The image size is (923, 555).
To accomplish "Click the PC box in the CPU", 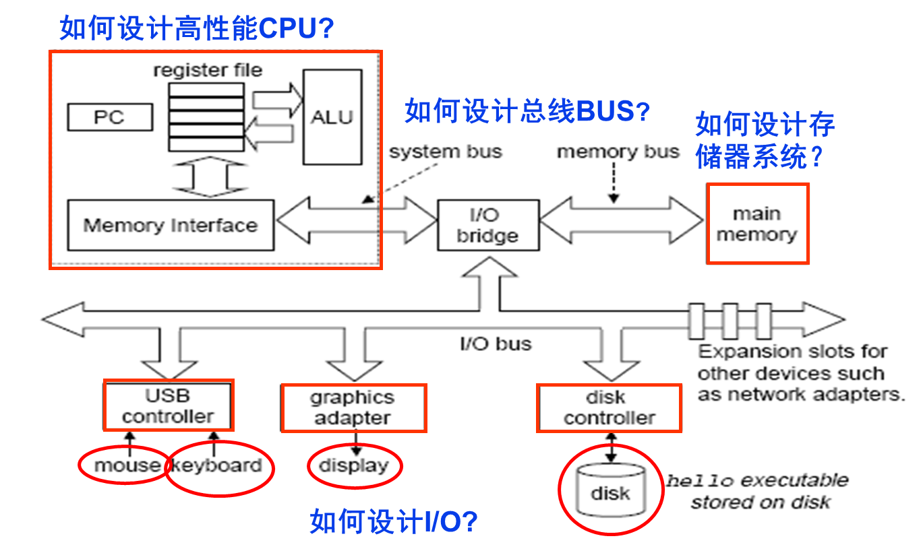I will tap(109, 117).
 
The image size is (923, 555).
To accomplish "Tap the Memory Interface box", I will tap(171, 225).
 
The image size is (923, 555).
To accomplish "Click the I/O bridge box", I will tap(487, 225).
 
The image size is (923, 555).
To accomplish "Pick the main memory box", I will tap(756, 224).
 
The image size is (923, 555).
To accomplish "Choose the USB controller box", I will tap(169, 405).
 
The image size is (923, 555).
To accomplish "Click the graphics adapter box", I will tap(353, 407).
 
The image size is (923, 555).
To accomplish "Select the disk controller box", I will tap(609, 407).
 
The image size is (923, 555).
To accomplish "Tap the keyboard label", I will tap(217, 465).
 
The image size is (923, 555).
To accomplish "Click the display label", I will tap(354, 465).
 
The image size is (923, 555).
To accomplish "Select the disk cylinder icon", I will tap(609, 490).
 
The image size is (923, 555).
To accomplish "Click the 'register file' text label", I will tap(208, 70).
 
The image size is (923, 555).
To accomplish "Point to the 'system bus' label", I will tap(446, 152).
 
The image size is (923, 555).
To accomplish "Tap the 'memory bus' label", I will tap(618, 152).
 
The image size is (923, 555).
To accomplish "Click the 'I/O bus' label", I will tap(496, 344).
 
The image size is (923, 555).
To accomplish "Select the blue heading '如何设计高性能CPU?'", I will tap(197, 28).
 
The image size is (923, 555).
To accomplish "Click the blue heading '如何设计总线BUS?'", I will tap(527, 111).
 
